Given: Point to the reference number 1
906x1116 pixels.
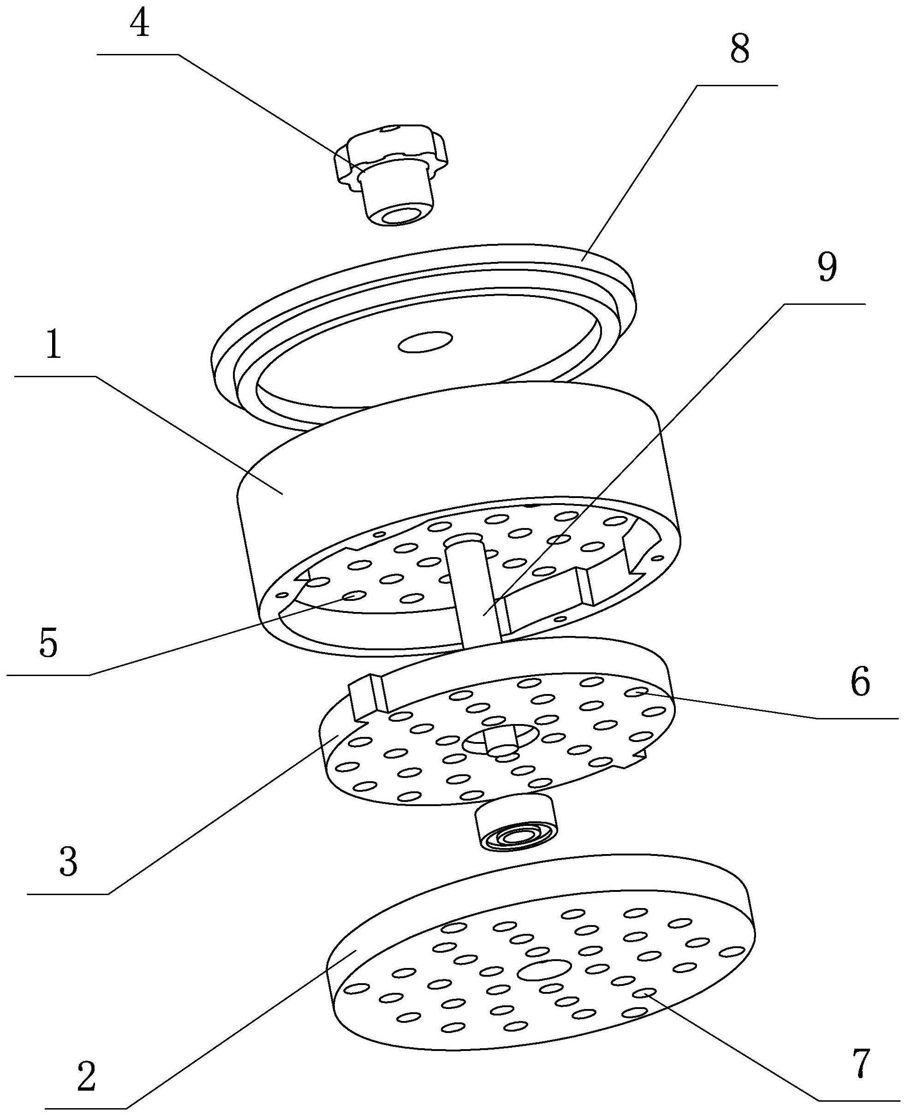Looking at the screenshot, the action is [54, 346].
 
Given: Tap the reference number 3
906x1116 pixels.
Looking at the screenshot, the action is [69, 862].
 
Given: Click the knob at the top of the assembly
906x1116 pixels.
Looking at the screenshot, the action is [392, 175].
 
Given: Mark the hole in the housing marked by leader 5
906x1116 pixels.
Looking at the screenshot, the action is [353, 596].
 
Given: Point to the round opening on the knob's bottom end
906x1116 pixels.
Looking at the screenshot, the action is [400, 214].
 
